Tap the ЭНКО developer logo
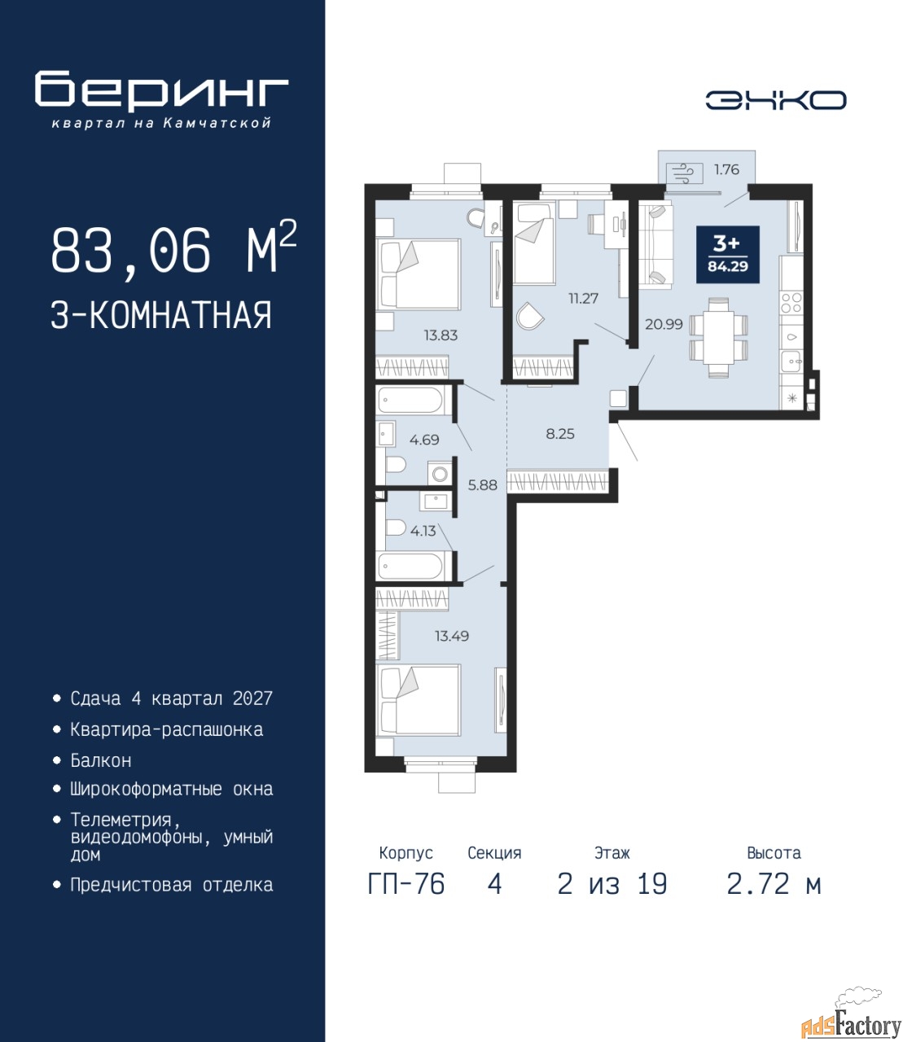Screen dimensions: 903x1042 (x=776, y=100)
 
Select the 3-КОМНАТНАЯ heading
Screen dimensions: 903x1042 (x=161, y=316)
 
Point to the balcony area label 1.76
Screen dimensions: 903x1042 (x=726, y=170)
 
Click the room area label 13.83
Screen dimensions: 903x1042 (x=441, y=335)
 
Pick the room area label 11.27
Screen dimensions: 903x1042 (x=583, y=299)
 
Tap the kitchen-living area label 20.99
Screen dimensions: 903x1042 (x=664, y=324)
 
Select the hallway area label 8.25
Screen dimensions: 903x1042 (x=560, y=434)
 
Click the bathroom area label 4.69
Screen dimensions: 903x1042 (x=424, y=440)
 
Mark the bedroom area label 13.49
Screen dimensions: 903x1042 (x=452, y=636)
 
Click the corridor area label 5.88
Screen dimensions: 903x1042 (x=483, y=485)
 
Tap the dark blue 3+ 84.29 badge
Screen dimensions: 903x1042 (x=728, y=255)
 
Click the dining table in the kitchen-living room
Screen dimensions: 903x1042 (x=718, y=337)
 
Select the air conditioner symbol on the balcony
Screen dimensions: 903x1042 (x=684, y=174)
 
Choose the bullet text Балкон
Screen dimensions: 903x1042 (x=101, y=760)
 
